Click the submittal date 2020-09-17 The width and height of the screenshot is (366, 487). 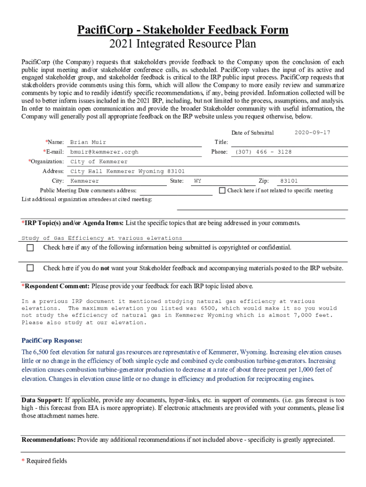tap(312, 133)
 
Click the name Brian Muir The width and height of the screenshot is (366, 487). tap(88, 142)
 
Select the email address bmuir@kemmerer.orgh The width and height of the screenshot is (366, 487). tap(104, 152)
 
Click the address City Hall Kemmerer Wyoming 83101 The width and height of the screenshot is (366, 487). tap(127, 171)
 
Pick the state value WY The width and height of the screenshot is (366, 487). tap(198, 181)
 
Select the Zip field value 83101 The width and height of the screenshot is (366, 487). tap(289, 181)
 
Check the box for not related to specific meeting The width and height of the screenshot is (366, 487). tap(222, 191)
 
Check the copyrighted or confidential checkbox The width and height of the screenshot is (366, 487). tap(30, 248)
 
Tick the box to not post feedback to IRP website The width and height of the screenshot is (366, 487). tap(30, 268)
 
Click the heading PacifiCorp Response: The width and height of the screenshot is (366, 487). tap(52, 341)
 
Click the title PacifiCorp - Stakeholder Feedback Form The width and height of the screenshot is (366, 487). tap(183, 30)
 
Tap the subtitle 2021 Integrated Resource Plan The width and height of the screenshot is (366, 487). tap(183, 44)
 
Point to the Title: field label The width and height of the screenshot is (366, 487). tap(221, 142)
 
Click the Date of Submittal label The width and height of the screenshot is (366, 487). tap(252, 133)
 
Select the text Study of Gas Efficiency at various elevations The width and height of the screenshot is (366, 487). tap(102, 238)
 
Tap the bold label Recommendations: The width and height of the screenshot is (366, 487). tap(48, 440)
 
